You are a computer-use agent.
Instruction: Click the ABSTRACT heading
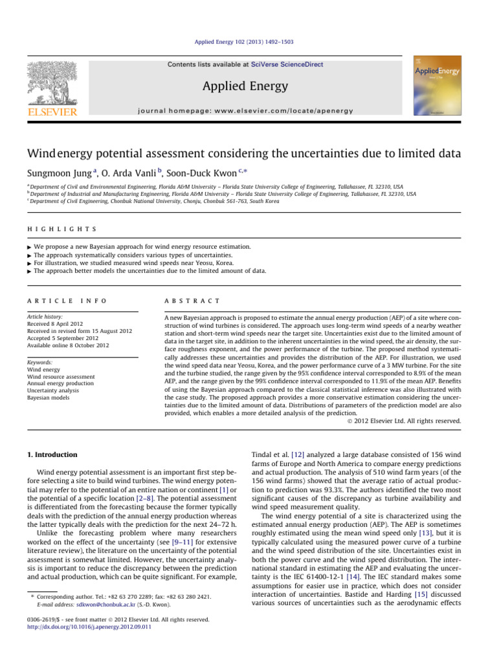tap(193, 283)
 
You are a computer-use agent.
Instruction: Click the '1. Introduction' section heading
tap(60, 454)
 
